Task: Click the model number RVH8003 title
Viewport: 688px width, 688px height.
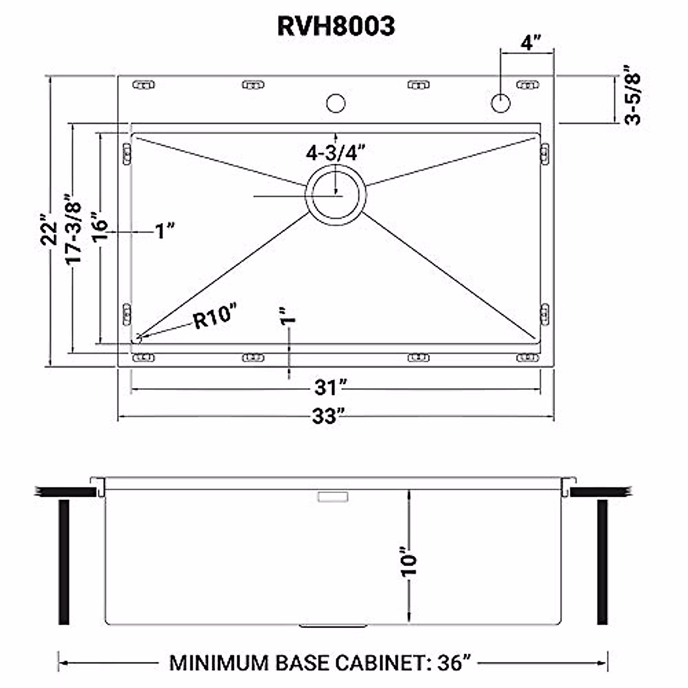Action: [x=336, y=26]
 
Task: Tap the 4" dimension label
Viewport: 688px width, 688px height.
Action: [x=531, y=43]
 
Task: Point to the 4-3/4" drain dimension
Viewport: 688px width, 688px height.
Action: [x=336, y=153]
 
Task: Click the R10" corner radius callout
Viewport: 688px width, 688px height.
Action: [x=214, y=317]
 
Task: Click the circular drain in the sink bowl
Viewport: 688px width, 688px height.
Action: [x=336, y=196]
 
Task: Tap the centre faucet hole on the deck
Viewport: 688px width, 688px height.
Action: [x=335, y=104]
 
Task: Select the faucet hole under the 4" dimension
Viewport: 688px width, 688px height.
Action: [x=501, y=103]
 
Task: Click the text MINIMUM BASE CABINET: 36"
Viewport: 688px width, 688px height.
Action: [x=320, y=663]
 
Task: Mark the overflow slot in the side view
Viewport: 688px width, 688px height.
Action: [x=333, y=496]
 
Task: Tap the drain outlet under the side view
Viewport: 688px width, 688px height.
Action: [x=333, y=627]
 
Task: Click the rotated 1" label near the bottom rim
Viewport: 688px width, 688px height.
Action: [x=288, y=316]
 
